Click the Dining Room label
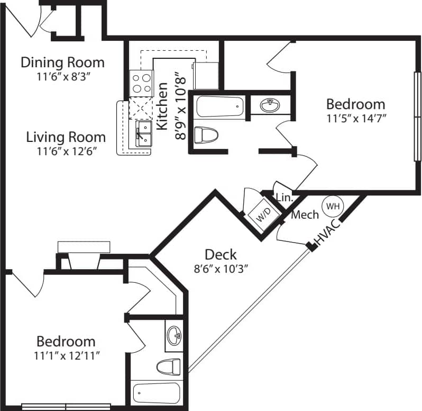coord(62,62)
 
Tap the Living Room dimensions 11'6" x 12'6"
coord(66,151)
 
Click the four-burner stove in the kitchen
coord(141,83)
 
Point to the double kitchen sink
coord(143,133)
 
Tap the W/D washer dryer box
coord(263,217)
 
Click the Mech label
coord(305,215)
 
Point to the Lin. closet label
coord(285,198)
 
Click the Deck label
coord(221,254)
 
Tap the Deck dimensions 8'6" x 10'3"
coord(221,268)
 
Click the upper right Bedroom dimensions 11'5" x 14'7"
coord(355,118)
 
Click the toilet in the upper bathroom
coord(205,135)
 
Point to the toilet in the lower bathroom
coord(169,366)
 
